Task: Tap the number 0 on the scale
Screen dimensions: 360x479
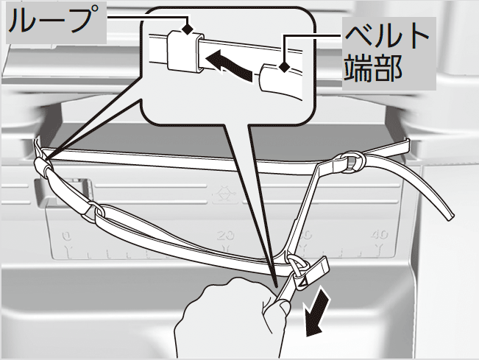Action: (x=67, y=235)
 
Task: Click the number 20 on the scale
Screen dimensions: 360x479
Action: (x=223, y=235)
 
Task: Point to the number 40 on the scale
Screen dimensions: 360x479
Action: (x=380, y=235)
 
